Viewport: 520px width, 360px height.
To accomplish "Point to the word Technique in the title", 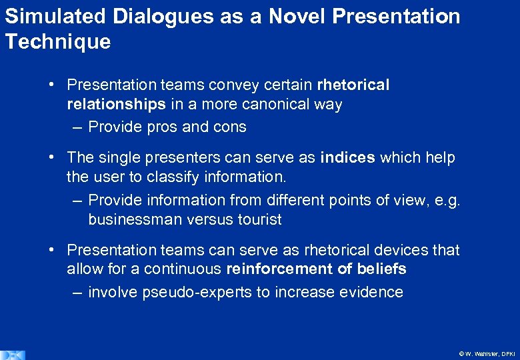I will point(58,42).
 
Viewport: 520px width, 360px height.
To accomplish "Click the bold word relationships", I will point(116,104).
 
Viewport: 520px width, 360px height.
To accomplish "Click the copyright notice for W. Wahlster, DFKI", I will point(487,353).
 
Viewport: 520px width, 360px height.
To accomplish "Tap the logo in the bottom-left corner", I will point(12,355).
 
